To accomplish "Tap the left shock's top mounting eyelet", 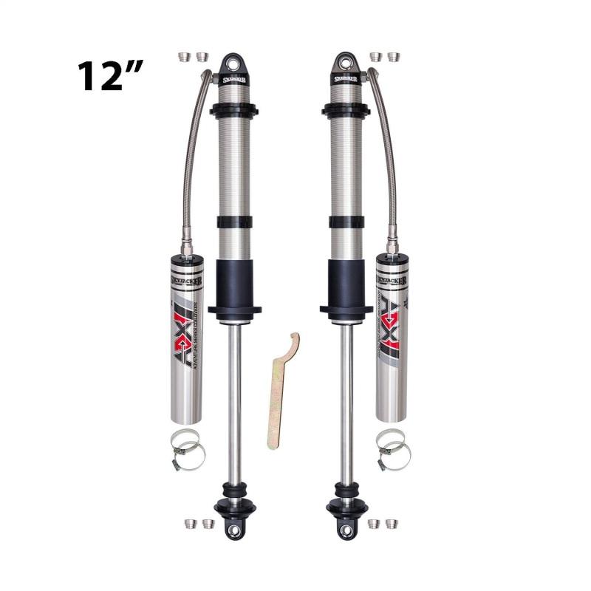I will (x=233, y=61).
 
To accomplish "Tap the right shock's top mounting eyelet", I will (x=345, y=61).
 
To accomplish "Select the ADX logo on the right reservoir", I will (x=391, y=325).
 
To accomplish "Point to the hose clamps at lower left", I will (x=188, y=450).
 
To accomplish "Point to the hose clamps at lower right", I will (x=392, y=450).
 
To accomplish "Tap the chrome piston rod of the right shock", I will (x=345, y=399).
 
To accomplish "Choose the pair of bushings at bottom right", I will (x=383, y=524).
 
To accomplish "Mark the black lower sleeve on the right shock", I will (x=345, y=284).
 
